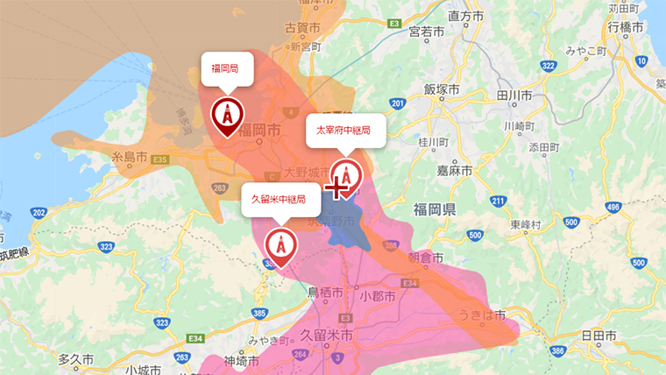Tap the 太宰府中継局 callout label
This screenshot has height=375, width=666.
(344, 131)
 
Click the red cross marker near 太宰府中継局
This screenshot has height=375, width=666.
(338, 187)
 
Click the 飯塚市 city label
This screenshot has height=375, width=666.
(442, 89)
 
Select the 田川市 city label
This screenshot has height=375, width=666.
(514, 95)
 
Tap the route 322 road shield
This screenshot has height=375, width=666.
(549, 66)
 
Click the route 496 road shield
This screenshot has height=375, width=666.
(614, 208)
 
